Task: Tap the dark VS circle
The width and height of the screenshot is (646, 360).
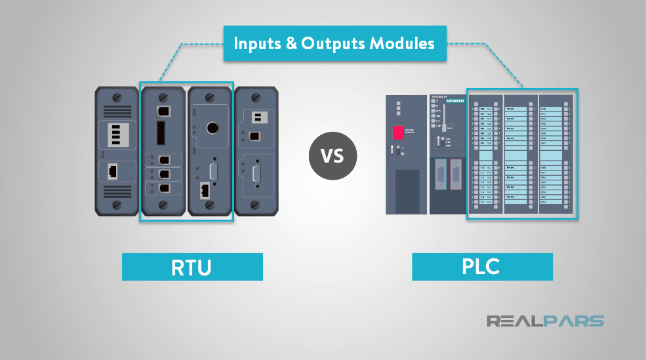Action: coord(333,157)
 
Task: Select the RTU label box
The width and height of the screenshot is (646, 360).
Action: coord(192,267)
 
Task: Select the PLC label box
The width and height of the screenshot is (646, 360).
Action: coord(482,267)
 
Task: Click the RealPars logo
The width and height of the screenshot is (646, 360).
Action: coord(545,321)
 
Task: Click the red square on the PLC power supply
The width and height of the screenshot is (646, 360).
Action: coord(398,132)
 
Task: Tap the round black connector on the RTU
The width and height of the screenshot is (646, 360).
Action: coord(212,127)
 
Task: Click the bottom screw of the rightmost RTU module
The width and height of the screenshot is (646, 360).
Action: coord(256,205)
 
